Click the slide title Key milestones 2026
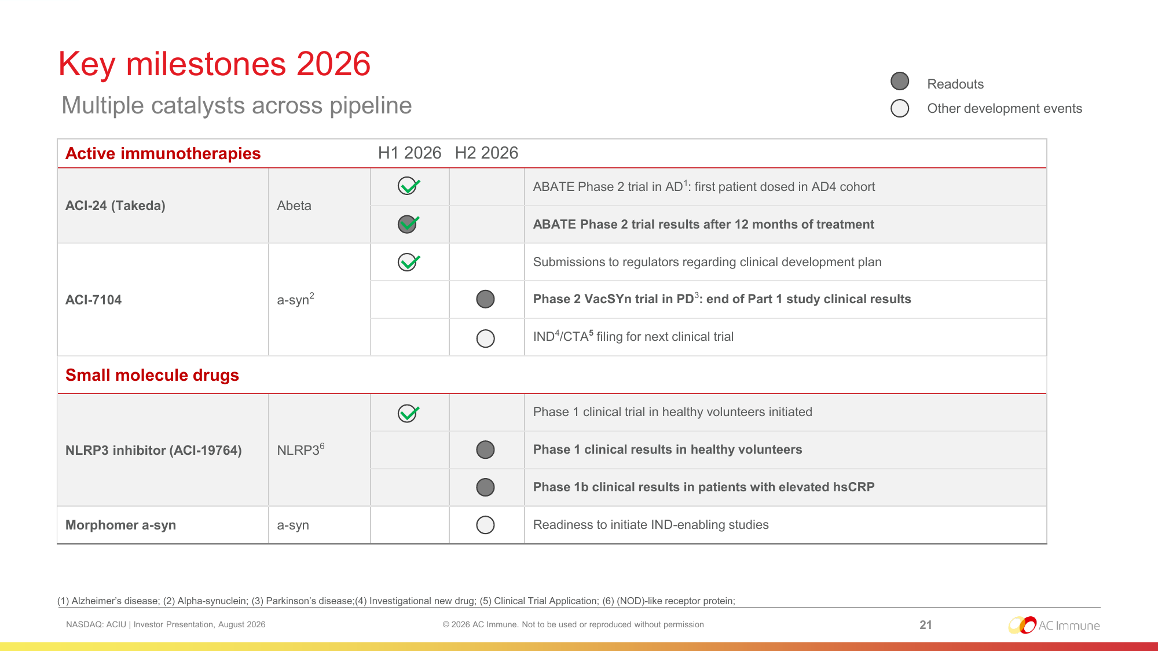(x=214, y=64)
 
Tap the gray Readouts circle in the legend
(x=900, y=81)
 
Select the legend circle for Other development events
(x=900, y=108)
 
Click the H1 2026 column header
(x=409, y=153)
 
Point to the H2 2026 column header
(x=486, y=153)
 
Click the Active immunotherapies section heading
(x=163, y=153)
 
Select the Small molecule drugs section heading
(x=152, y=375)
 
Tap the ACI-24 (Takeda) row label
(x=115, y=205)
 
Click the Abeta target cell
(x=294, y=205)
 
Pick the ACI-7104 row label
(x=93, y=300)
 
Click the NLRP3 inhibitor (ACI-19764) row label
(x=153, y=450)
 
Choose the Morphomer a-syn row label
(x=120, y=525)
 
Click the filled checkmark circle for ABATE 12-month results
(x=408, y=224)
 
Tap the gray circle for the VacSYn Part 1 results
(x=485, y=299)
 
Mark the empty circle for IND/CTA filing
(x=485, y=338)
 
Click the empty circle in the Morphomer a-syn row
(x=485, y=525)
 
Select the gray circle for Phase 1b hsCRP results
(x=485, y=487)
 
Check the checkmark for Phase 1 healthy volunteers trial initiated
(x=408, y=413)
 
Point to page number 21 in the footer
(x=926, y=625)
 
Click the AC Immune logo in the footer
(x=1054, y=625)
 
